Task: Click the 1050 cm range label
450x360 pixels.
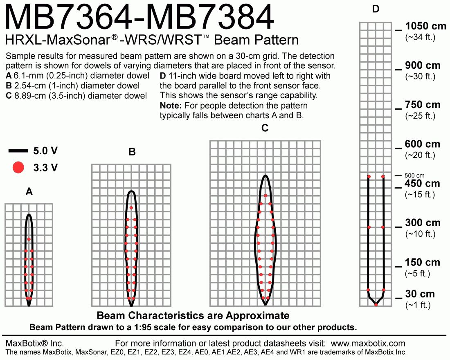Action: [425, 26]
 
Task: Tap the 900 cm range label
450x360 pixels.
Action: [423, 65]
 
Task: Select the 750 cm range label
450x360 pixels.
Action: [423, 105]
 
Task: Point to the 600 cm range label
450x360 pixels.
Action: [423, 144]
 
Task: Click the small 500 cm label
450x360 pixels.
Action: [414, 175]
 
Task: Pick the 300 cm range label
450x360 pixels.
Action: [423, 223]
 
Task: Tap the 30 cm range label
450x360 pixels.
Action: [420, 294]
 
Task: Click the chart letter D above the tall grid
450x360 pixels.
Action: [376, 9]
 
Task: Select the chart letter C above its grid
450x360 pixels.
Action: [265, 128]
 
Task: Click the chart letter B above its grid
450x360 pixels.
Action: [132, 152]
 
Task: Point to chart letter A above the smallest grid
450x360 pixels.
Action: [29, 191]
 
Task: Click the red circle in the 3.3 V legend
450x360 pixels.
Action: [18, 167]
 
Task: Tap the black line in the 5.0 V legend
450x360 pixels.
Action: [18, 151]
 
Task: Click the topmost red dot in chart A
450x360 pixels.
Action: [29, 239]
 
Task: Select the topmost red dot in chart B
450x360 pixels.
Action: [131, 207]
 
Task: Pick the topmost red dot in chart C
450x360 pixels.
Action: [265, 196]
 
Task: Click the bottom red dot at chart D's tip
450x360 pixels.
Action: [376, 305]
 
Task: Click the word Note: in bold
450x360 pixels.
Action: [171, 106]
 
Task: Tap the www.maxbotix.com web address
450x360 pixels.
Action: [368, 343]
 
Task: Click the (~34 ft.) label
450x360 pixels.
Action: [420, 37]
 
